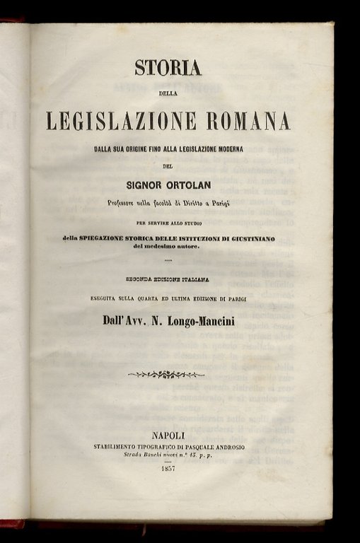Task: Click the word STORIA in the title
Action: (x=168, y=67)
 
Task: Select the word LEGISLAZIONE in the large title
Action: (x=122, y=121)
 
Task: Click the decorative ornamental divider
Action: (x=167, y=374)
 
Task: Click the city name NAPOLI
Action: (x=168, y=435)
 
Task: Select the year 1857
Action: (x=168, y=469)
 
